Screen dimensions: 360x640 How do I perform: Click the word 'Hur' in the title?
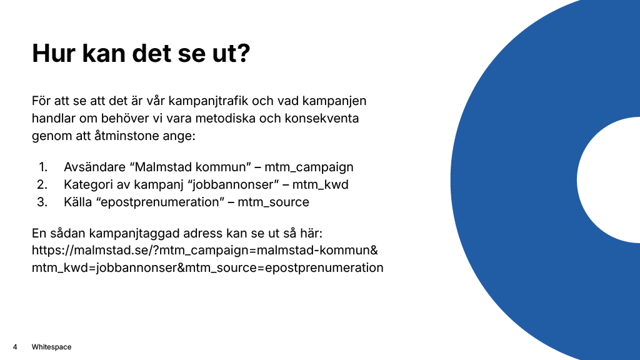(x=54, y=54)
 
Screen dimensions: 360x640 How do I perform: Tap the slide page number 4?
(x=14, y=347)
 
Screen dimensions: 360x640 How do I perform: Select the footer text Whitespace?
(x=51, y=347)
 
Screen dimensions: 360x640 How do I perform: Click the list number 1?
(x=42, y=167)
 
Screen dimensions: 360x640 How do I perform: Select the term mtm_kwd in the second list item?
(x=321, y=185)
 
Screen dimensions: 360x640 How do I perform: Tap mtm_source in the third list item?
(x=273, y=202)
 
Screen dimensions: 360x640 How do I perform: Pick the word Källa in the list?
(x=79, y=202)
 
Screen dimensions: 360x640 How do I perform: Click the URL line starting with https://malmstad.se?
(x=205, y=251)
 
